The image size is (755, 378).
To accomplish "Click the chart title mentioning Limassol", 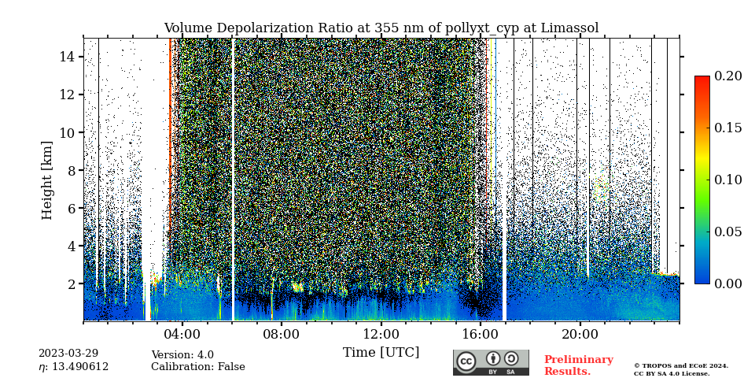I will point(381,28).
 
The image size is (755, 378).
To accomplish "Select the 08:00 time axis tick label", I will point(282,334).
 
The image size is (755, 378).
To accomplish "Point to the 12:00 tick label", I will point(381,334).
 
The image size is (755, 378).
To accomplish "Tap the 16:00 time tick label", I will point(481,334).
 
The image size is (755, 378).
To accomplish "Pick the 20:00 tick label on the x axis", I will point(580,334).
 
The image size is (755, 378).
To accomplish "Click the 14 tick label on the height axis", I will point(66,57).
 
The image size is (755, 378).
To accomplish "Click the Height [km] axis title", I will point(47,180).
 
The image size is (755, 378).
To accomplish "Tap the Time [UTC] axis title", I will point(381,353).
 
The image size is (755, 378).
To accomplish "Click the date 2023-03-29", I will point(68,354).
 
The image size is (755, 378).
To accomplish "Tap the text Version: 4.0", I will point(182,355).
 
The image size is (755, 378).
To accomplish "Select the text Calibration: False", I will point(198,367).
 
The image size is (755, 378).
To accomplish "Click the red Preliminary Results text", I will point(578,365).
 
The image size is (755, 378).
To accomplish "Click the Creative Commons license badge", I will point(491,362).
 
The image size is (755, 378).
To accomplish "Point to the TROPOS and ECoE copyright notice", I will point(681,369).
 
